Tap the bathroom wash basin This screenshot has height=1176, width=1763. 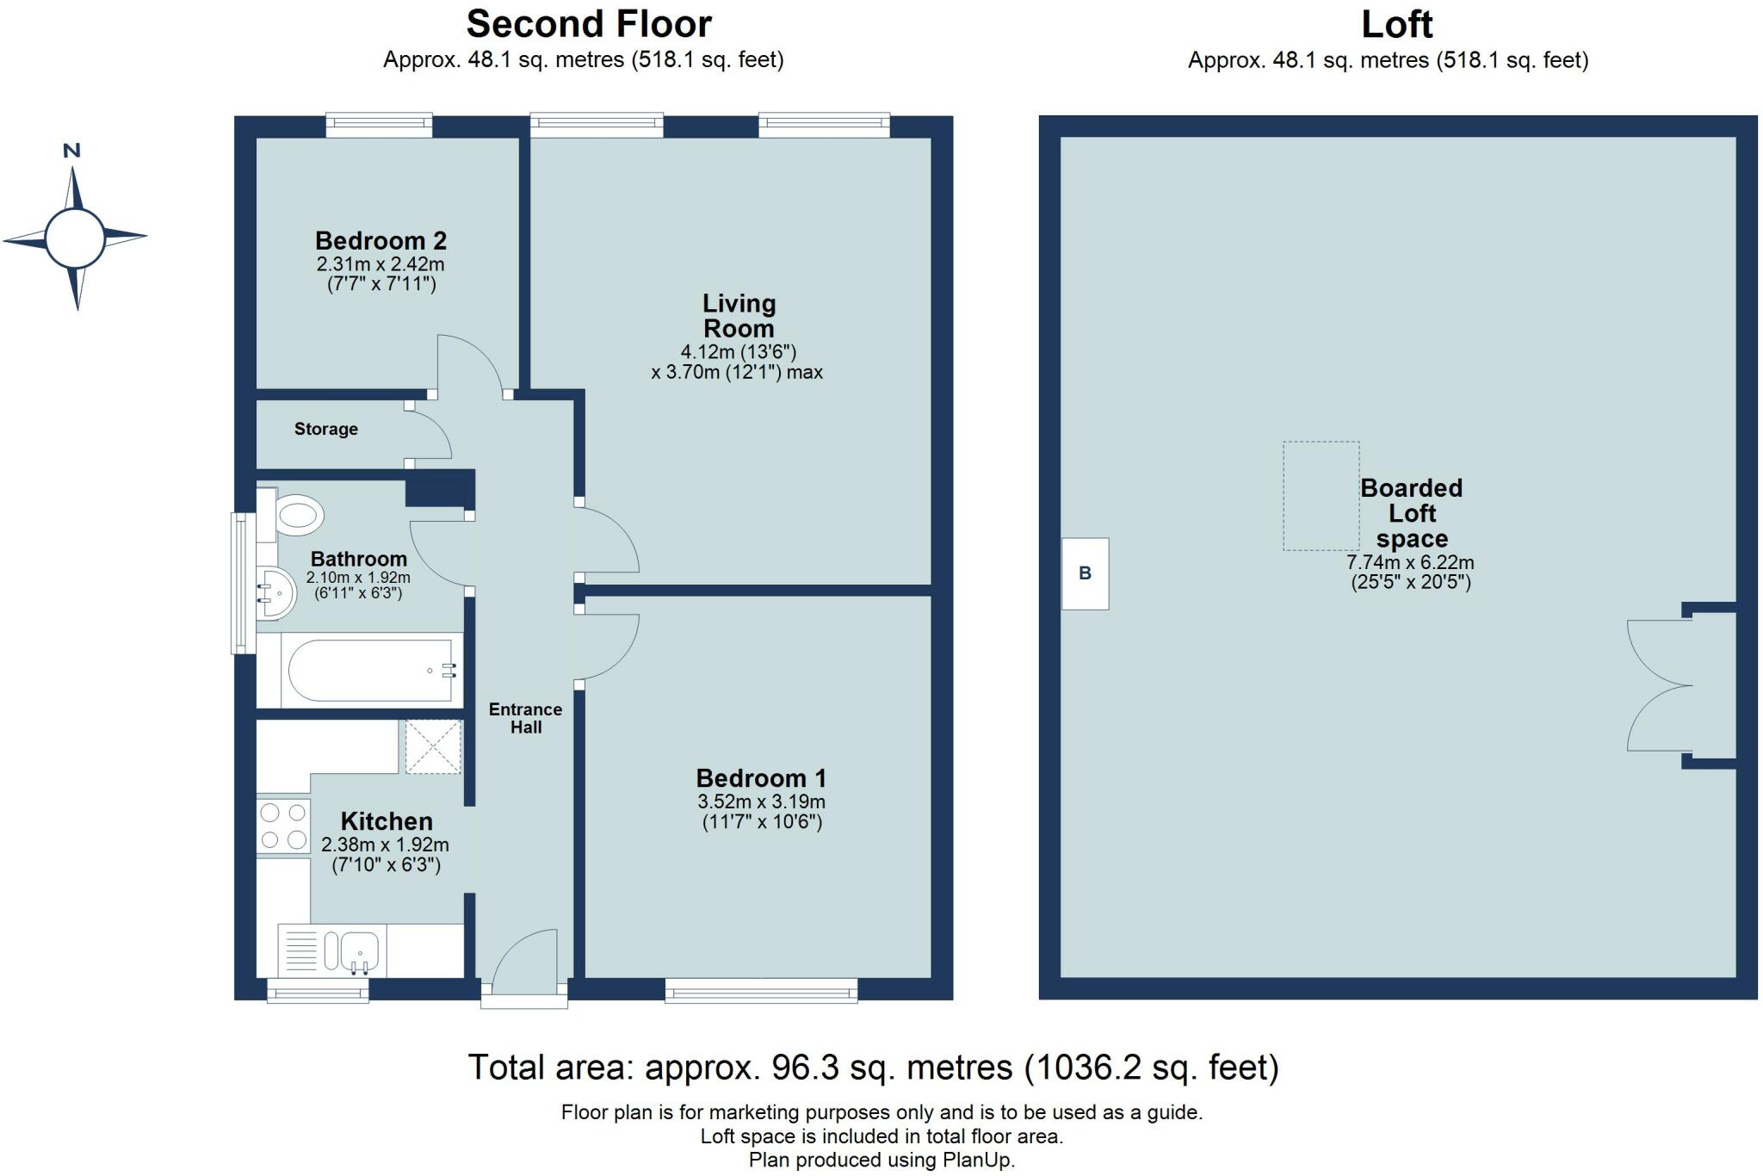click(276, 593)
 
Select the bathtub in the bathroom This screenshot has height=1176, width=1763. click(360, 670)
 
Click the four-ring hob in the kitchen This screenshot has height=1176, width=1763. click(283, 826)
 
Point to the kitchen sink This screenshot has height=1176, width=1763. click(331, 951)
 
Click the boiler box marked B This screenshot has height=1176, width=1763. click(1085, 573)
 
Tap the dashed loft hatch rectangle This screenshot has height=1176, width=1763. click(1321, 496)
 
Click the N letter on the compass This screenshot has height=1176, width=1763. click(72, 151)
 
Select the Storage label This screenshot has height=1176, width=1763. click(326, 429)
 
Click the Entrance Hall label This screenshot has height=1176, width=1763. click(525, 718)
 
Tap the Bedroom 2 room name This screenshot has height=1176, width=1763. click(380, 240)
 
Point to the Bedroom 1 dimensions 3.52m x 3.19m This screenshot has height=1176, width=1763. click(762, 802)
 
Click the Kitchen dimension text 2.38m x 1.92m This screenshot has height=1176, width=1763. click(386, 845)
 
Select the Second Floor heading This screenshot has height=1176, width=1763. click(589, 24)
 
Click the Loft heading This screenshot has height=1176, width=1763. click(1396, 24)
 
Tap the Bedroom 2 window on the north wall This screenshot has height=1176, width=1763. click(379, 126)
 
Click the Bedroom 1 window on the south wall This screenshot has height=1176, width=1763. click(761, 990)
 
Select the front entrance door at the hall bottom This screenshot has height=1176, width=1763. click(524, 969)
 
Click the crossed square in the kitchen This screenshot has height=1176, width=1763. click(434, 746)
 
